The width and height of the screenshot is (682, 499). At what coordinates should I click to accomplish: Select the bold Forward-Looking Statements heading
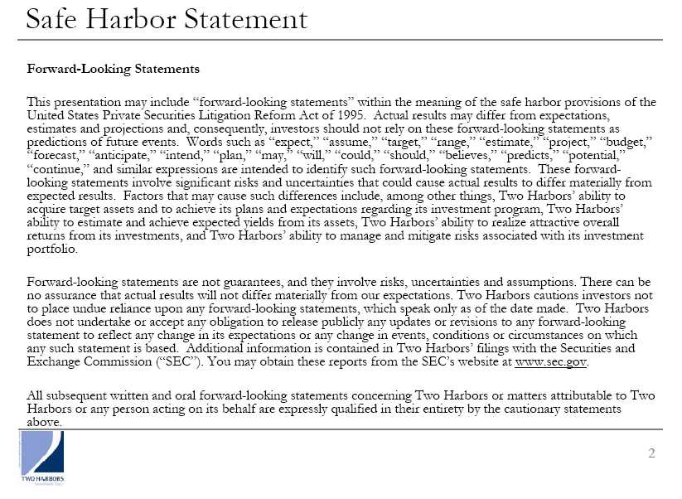coord(114,69)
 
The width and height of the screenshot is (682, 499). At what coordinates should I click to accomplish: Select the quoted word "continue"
coord(55,168)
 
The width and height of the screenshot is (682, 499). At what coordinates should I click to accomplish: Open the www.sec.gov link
coord(551,362)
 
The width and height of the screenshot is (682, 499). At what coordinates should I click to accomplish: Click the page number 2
coord(651,453)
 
